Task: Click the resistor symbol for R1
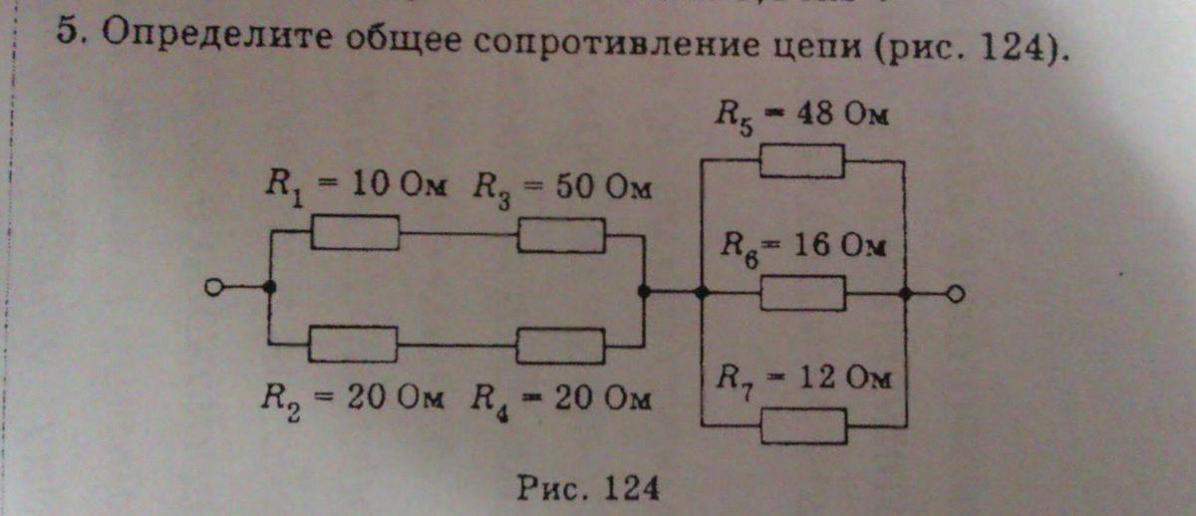356,234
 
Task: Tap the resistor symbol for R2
354,344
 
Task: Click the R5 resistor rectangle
802,159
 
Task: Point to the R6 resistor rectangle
803,293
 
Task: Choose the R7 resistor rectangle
803,426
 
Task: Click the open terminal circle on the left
211,288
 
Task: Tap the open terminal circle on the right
956,294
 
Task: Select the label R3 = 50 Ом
562,189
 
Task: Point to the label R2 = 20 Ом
351,399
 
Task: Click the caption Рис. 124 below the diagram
588,487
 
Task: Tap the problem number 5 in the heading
66,34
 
